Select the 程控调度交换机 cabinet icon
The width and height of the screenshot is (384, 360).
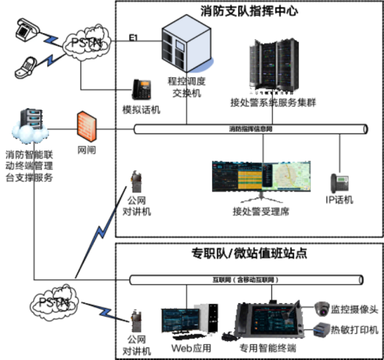(186, 47)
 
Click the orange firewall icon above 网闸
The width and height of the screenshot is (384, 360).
(86, 126)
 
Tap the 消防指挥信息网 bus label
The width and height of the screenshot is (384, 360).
(251, 129)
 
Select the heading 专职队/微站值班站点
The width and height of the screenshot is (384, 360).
(249, 253)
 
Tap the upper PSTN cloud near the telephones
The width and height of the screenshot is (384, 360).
(85, 43)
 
